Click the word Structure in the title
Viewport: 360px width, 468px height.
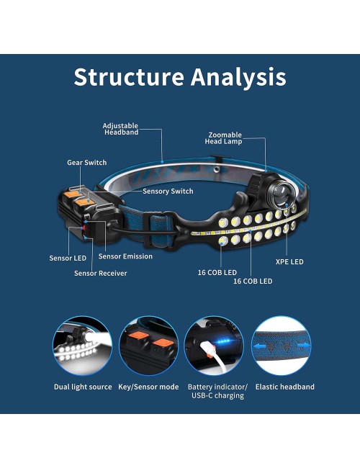[x=129, y=77]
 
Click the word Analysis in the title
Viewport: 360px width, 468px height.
[x=238, y=78]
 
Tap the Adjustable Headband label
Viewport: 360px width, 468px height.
[x=120, y=129]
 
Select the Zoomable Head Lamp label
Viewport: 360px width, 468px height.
[x=223, y=138]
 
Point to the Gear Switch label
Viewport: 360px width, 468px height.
[x=87, y=163]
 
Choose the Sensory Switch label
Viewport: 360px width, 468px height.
[x=168, y=191]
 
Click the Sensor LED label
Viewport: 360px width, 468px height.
[x=68, y=258]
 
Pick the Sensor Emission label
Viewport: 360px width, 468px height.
[x=125, y=256]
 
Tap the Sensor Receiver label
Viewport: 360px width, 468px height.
[x=101, y=273]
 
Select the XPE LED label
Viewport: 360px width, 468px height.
[x=289, y=262]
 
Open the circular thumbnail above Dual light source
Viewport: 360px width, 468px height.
[x=82, y=346]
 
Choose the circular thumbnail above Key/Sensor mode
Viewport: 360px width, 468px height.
[x=148, y=346]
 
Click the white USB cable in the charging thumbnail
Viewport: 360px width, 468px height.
[x=214, y=356]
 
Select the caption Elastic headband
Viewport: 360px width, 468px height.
[x=285, y=387]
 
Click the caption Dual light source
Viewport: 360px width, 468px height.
[x=83, y=387]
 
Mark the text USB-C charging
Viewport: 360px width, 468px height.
[x=217, y=395]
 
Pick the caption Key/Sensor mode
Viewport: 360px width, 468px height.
[x=148, y=387]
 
